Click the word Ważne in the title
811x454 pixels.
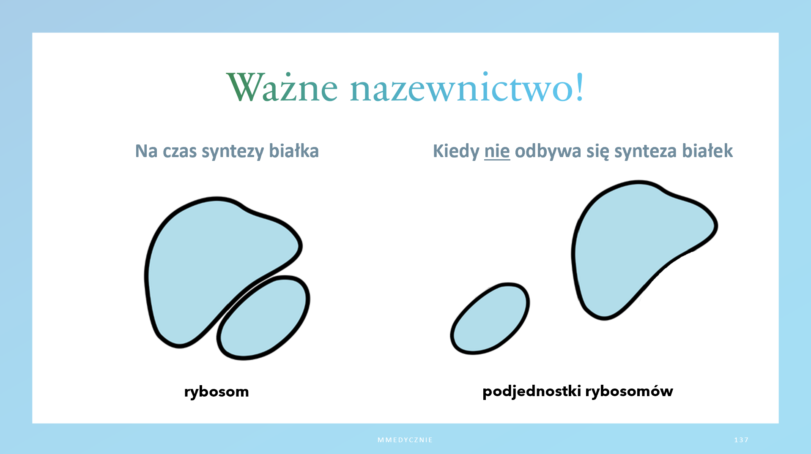coord(282,87)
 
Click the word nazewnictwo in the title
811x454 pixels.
coord(462,87)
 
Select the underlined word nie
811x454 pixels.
coord(497,151)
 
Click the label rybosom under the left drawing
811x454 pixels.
coord(216,392)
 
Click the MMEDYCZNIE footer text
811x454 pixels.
coord(405,440)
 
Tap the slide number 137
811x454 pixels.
coord(741,440)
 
